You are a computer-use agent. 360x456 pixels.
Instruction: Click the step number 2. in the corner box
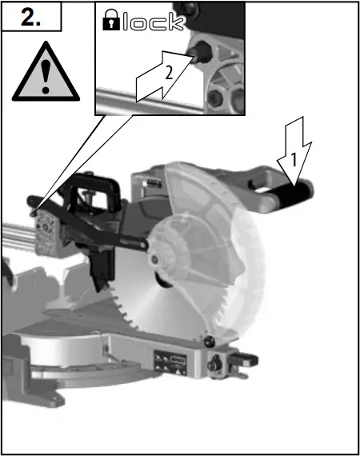click(31, 18)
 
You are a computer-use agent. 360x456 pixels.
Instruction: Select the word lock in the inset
click(154, 22)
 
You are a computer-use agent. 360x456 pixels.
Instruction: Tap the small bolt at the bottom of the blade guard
click(210, 339)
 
